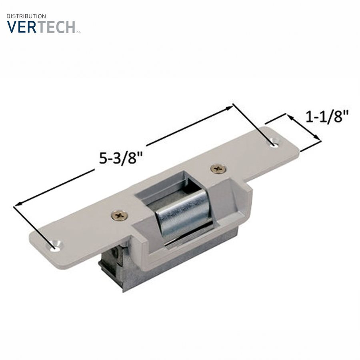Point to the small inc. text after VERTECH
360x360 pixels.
pos(78,31)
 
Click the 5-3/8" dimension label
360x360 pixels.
pos(121,157)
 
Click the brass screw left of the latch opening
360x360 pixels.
pos(120,216)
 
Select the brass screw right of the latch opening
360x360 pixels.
pos(218,169)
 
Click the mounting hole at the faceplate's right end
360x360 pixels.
pos(274,142)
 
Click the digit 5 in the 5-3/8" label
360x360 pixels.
pos(103,158)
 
